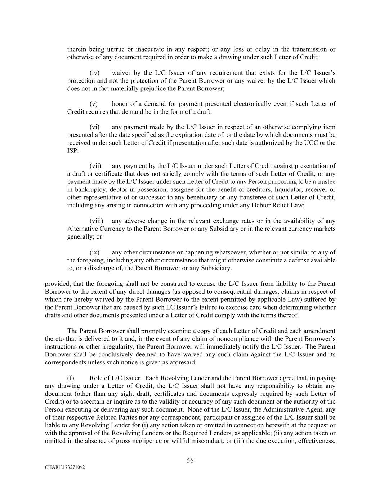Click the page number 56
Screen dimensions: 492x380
pyautogui.click(x=190, y=460)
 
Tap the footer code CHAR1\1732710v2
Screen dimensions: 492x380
pyautogui.click(x=64, y=467)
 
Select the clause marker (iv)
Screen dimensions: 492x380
pyautogui.click(x=94, y=73)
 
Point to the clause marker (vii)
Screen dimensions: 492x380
pyautogui.click(x=95, y=166)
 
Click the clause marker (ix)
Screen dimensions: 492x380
pyautogui.click(x=94, y=252)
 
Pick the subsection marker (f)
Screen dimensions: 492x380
pyautogui.click(x=71, y=378)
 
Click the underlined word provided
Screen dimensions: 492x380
pyautogui.click(x=57, y=284)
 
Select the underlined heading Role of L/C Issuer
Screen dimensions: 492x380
pyautogui.click(x=115, y=378)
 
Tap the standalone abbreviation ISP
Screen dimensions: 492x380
pyautogui.click(x=72, y=151)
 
